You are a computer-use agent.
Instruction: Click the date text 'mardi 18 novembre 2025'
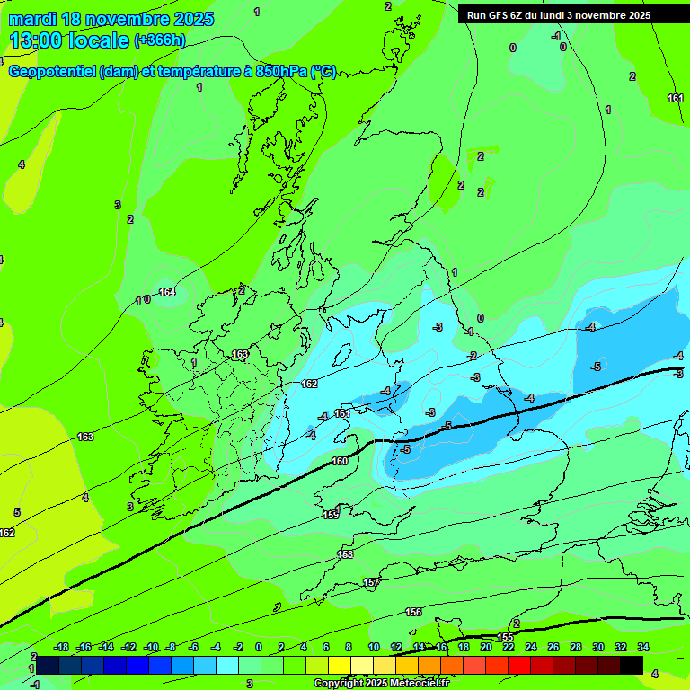coord(111,19)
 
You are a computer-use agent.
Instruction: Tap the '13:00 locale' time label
coord(70,40)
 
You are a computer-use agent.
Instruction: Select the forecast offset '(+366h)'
coord(160,40)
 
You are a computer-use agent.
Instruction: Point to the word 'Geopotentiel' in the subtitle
coord(53,71)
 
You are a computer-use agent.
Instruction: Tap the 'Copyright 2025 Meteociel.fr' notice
coord(381,684)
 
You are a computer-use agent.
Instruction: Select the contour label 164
coord(167,292)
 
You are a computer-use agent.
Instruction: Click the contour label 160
coord(340,461)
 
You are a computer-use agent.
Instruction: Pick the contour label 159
coord(331,515)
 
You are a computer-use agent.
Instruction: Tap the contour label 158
coord(345,554)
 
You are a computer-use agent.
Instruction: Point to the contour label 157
coord(371,583)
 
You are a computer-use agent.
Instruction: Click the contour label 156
coord(413,612)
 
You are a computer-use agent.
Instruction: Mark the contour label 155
coord(505,637)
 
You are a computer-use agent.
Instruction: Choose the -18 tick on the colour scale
coord(61,647)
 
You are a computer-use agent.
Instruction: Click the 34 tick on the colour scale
coord(643,647)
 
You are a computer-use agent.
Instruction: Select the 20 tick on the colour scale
coord(486,647)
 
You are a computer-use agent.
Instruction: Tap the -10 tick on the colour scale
coord(151,647)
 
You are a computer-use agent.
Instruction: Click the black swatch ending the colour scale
coord(631,665)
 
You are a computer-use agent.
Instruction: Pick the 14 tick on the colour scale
coord(419,647)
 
